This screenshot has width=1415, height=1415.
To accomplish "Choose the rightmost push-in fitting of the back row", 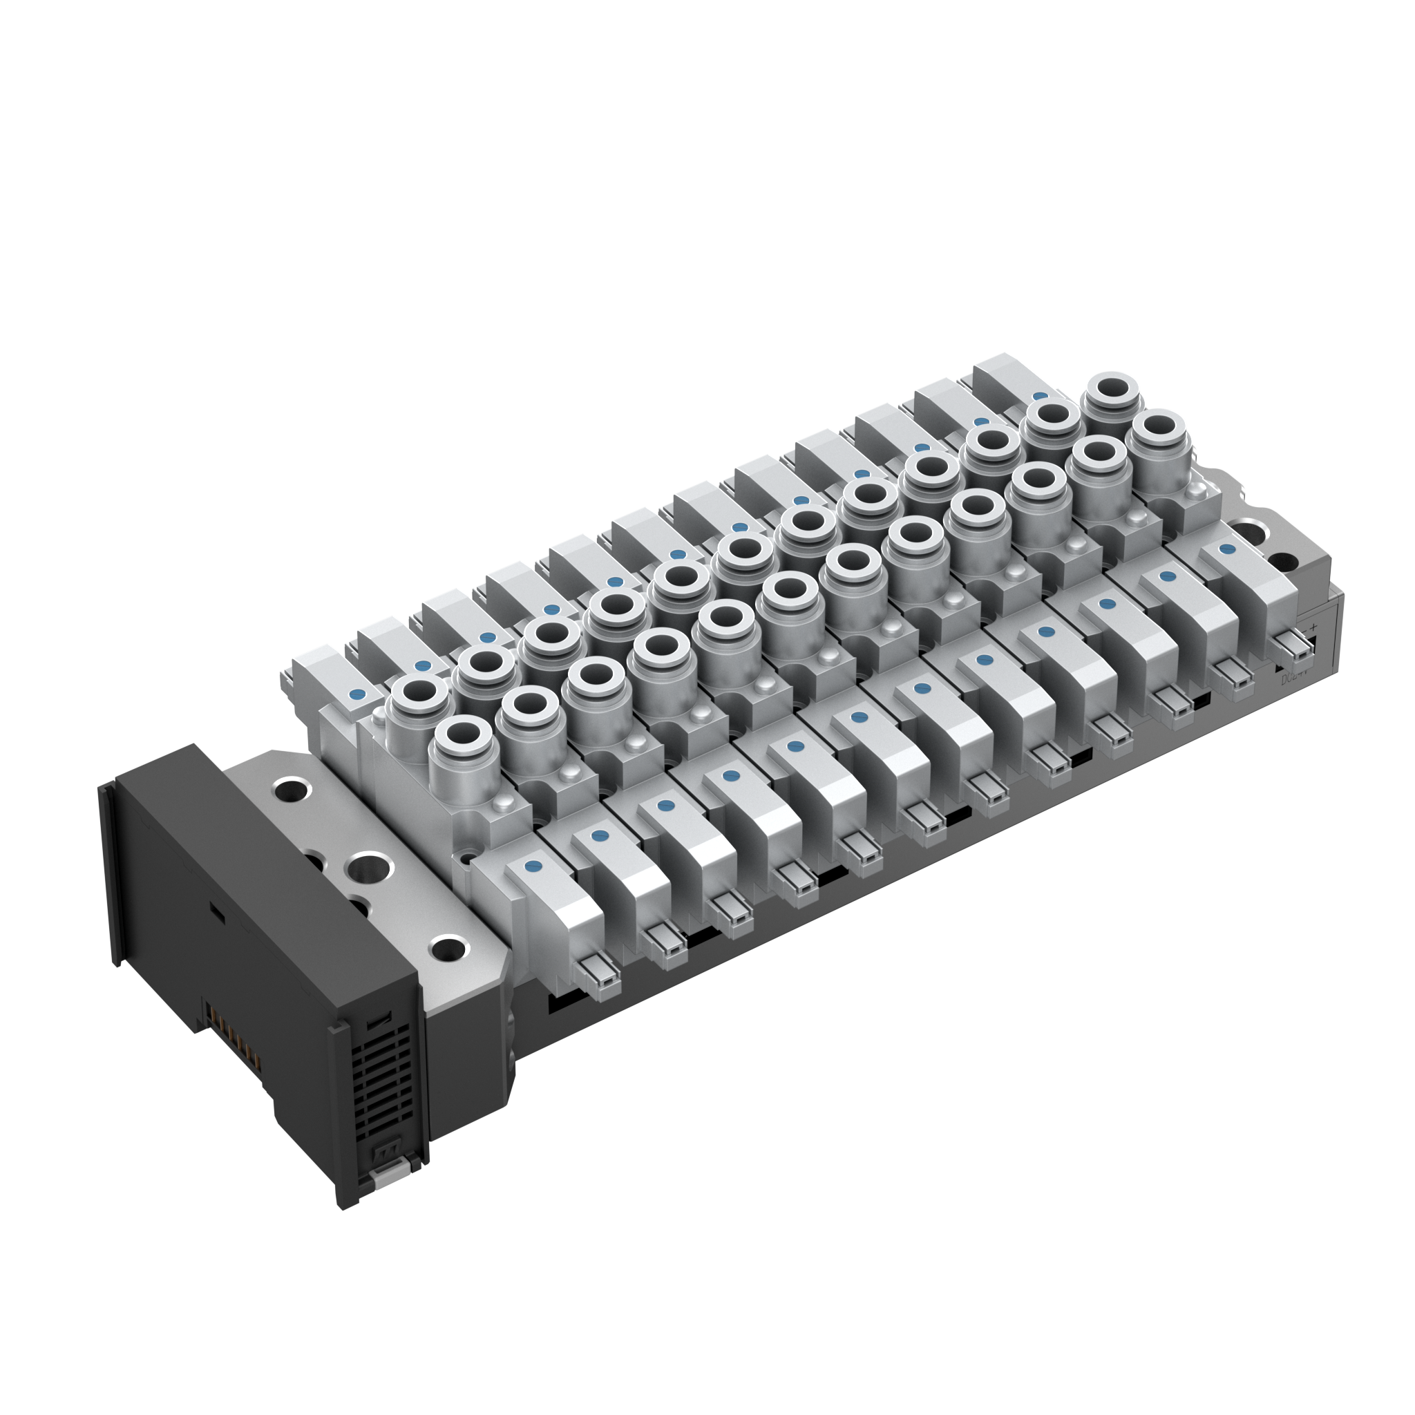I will pyautogui.click(x=1112, y=391).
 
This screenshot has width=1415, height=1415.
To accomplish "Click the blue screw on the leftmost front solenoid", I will pyautogui.click(x=534, y=866).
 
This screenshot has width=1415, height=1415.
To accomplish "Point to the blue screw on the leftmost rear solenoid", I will pyautogui.click(x=357, y=694).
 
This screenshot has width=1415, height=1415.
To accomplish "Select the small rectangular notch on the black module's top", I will pyautogui.click(x=217, y=912).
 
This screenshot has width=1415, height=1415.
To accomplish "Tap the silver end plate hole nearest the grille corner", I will pyautogui.click(x=448, y=949).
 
